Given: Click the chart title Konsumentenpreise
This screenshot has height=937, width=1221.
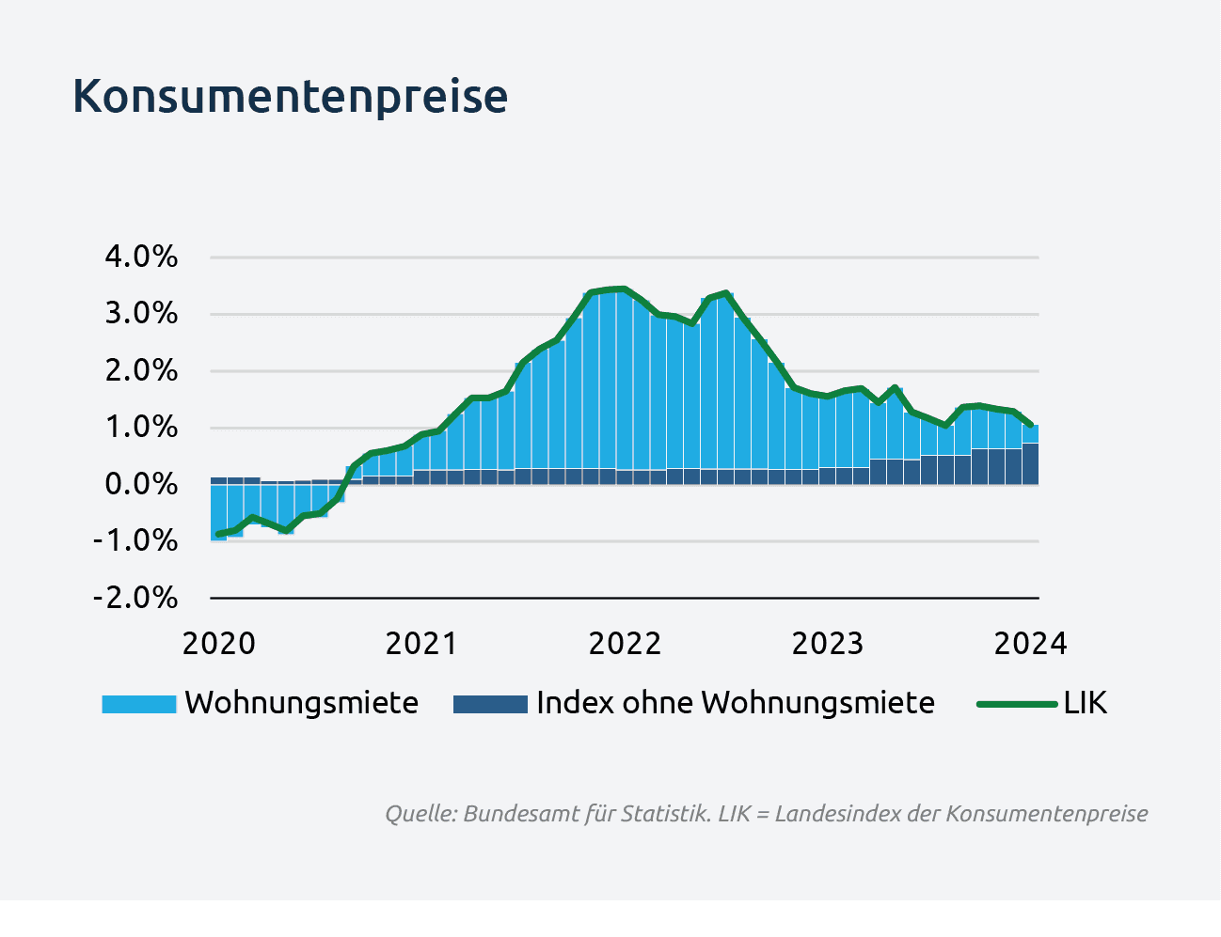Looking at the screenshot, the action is [290, 97].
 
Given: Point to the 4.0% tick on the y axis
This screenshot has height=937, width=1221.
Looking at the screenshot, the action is [141, 257].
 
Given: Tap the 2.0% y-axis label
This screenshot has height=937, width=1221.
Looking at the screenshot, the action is [141, 370].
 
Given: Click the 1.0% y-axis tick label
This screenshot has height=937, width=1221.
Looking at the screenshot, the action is [141, 428].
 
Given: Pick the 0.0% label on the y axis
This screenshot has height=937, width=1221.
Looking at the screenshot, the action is [141, 484].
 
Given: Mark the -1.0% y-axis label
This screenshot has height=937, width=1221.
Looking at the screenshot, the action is [135, 540].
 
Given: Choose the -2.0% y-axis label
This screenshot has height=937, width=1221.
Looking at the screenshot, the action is [135, 598].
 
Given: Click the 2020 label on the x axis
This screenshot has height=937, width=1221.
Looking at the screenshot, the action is [219, 644].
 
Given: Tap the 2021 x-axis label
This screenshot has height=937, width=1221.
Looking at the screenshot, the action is [421, 644].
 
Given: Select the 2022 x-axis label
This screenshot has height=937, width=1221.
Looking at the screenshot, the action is [625, 644].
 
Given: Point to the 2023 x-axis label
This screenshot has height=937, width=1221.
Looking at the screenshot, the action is [828, 644].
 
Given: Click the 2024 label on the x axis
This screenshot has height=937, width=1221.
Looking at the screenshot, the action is [1031, 644].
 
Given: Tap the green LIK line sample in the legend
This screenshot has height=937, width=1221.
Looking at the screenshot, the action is [1018, 704].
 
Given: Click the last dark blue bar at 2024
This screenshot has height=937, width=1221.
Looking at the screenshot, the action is [1031, 463].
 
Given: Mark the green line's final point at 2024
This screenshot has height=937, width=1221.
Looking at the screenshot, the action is [1032, 426].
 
